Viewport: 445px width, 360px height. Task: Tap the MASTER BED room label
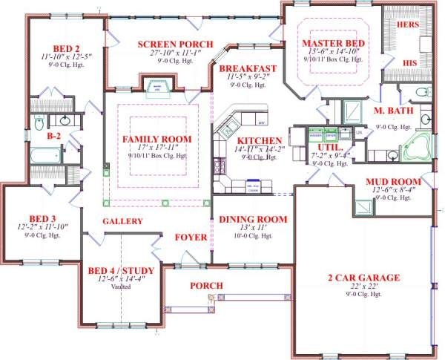[x=333, y=44]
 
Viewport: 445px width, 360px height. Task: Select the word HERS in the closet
[x=409, y=24]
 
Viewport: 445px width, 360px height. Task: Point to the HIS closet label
[x=409, y=62]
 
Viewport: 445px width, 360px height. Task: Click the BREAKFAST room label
[x=248, y=68]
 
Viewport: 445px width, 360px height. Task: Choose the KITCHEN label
[x=258, y=140]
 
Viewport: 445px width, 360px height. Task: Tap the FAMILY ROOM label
[x=156, y=140]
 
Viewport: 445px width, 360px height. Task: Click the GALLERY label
[x=122, y=221]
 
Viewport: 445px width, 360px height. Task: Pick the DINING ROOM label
[x=252, y=219]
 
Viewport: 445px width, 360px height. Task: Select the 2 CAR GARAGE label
[x=363, y=278]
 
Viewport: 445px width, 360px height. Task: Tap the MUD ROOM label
[x=394, y=181]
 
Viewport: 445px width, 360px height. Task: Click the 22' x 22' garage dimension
[x=363, y=287]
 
